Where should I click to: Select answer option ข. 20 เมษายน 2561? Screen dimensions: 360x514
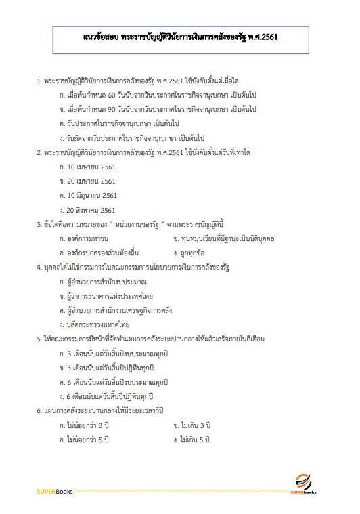[x=87, y=181]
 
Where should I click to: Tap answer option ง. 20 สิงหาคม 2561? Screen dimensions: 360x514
[x=88, y=210]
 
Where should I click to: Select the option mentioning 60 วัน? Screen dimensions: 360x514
[x=149, y=95]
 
